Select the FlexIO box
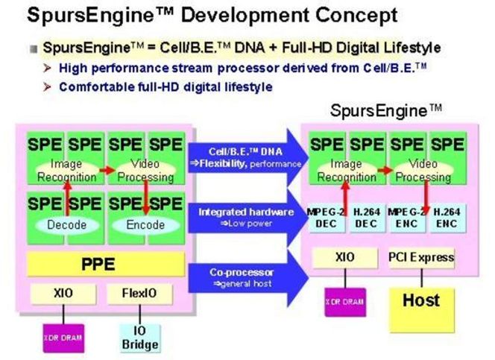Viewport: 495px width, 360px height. [x=141, y=293]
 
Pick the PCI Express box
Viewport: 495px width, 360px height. [x=420, y=257]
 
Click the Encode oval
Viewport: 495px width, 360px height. [x=145, y=224]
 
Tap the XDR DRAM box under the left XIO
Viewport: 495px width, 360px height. [x=62, y=336]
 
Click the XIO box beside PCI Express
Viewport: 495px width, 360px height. [x=344, y=257]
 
